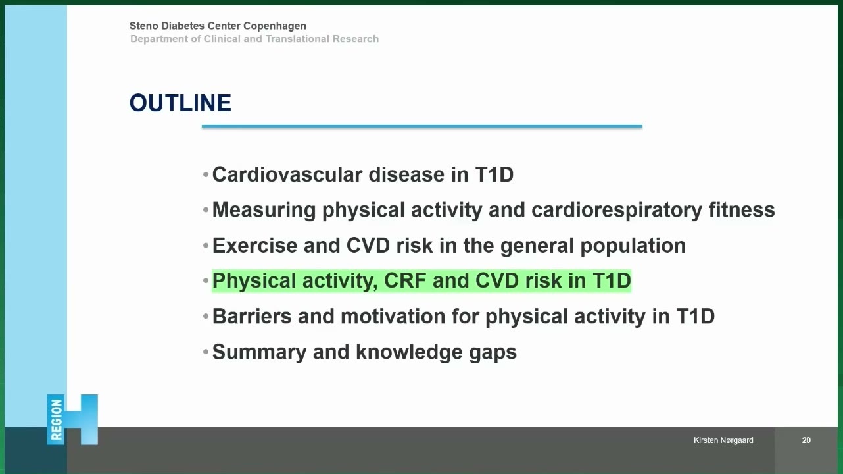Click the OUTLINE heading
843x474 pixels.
click(x=180, y=103)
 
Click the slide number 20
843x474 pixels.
click(x=806, y=440)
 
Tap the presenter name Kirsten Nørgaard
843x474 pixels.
click(x=723, y=440)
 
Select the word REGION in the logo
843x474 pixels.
click(x=56, y=420)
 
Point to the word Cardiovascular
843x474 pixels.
click(x=287, y=175)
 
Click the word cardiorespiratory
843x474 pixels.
click(x=616, y=210)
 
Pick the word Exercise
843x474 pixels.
click(x=254, y=246)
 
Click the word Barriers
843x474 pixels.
click(x=252, y=316)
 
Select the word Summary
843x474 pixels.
click(x=259, y=352)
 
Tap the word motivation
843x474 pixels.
click(x=393, y=316)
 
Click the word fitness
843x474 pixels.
click(x=742, y=210)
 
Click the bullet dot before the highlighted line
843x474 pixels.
click(x=206, y=280)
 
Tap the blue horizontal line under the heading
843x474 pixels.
click(x=422, y=126)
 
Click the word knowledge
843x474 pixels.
click(x=410, y=353)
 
